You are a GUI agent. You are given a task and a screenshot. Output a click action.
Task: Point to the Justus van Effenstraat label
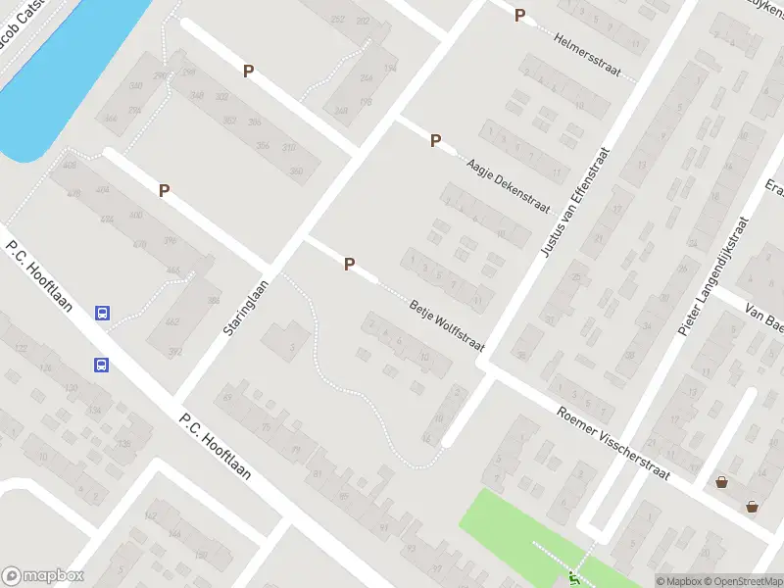coord(575,203)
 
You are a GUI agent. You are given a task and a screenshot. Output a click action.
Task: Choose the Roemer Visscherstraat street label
coord(612,445)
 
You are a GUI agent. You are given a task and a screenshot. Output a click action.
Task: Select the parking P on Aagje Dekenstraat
coord(435,140)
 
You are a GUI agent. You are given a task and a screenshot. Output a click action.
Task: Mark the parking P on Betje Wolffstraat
coord(349,264)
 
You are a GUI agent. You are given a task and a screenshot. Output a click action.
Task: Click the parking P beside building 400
coord(165,191)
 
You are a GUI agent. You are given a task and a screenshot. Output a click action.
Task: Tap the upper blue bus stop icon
coord(102,314)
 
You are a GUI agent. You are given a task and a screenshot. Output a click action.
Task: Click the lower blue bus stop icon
coord(102,365)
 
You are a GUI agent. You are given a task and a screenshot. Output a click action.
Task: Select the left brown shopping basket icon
coord(722,481)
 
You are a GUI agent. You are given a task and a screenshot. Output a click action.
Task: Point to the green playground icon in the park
coord(572,576)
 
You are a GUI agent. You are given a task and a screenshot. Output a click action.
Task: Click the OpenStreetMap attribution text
coord(738,581)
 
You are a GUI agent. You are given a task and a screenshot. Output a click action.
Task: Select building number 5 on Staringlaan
coord(291,346)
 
